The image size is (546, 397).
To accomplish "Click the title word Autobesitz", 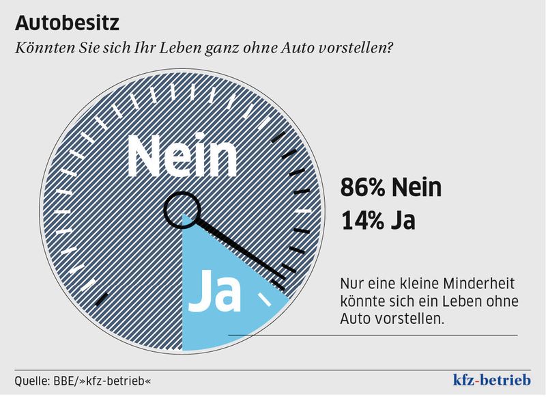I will click(x=67, y=23).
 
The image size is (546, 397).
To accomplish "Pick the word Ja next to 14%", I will click(x=405, y=222).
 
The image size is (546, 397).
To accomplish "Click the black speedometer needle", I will click(x=239, y=245).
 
